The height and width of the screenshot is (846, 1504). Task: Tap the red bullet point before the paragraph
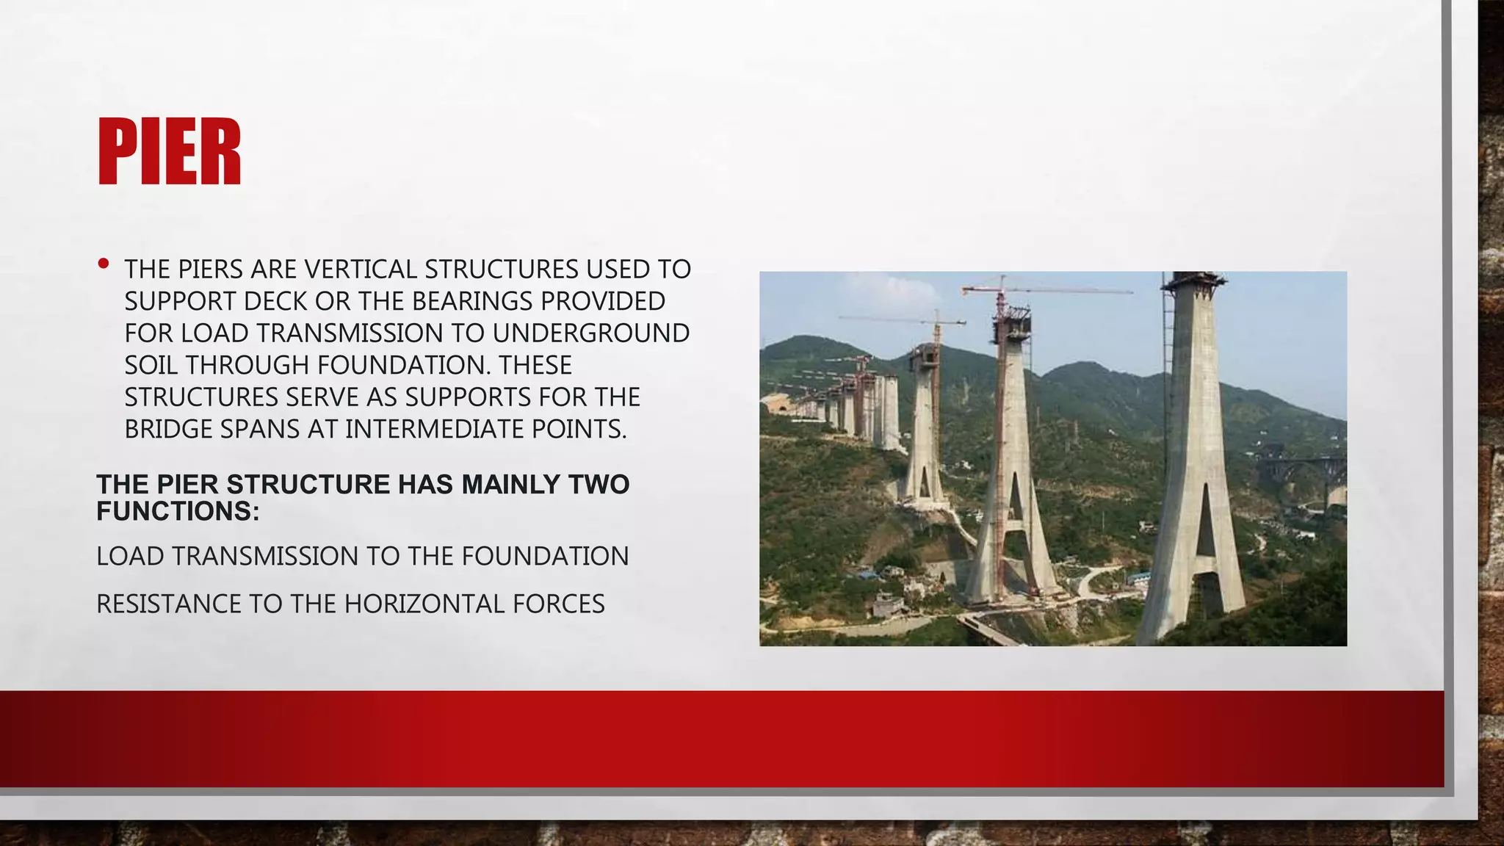point(104,263)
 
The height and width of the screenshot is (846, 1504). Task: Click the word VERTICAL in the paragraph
point(361,270)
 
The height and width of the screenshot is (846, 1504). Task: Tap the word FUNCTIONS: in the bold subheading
point(178,512)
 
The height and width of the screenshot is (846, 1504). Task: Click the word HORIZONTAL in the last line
point(424,604)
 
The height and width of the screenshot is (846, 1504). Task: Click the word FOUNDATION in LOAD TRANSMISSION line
point(545,557)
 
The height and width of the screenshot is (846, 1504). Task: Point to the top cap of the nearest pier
point(1193,281)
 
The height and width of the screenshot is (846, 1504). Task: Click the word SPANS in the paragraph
point(258,430)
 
